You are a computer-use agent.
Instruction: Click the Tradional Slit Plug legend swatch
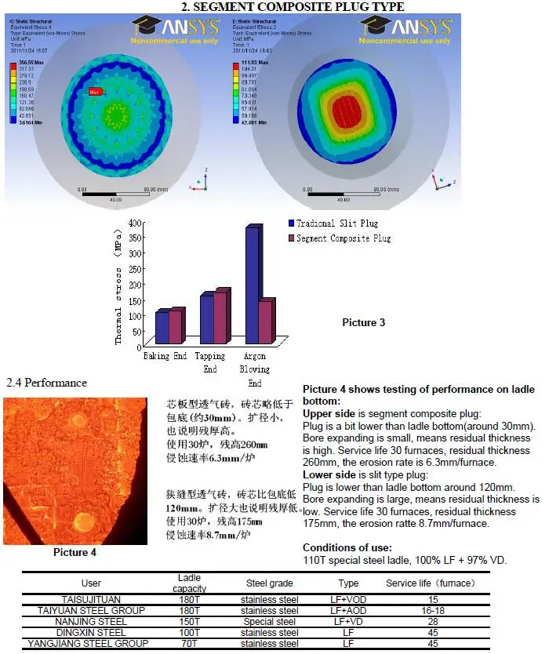[292, 223]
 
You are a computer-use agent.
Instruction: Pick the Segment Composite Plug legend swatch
[292, 238]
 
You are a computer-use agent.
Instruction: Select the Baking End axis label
[165, 356]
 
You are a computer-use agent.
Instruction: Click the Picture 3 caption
[363, 322]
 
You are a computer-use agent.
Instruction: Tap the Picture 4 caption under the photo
[75, 552]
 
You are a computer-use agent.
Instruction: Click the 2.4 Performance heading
[46, 383]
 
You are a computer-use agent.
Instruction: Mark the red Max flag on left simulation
[95, 92]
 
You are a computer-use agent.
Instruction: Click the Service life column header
[431, 583]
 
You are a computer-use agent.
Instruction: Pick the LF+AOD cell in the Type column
[348, 610]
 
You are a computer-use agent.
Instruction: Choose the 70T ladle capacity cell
[190, 644]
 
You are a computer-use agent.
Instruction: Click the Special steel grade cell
[269, 621]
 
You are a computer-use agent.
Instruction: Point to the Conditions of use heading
[348, 547]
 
